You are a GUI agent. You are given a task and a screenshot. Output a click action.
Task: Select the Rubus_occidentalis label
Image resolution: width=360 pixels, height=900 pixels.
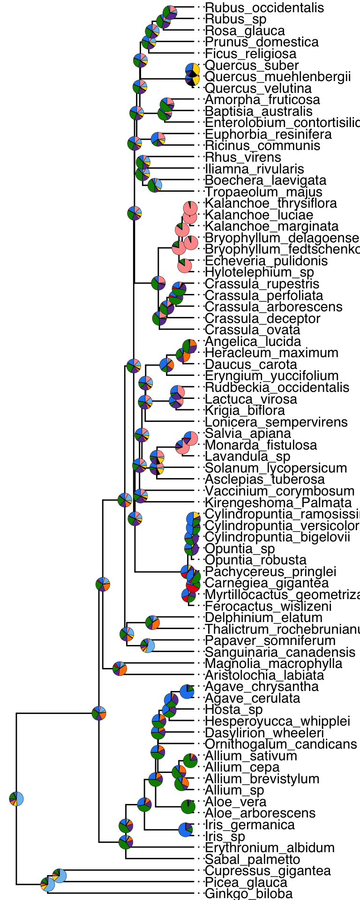pos(264,7)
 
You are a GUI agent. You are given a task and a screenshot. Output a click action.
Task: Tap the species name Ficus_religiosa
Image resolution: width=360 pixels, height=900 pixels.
pos(251,53)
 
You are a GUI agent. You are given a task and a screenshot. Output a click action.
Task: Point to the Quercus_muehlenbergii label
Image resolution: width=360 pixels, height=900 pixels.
pos(277,76)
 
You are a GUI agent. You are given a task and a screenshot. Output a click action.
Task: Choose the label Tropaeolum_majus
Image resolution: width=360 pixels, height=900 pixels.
pos(263,192)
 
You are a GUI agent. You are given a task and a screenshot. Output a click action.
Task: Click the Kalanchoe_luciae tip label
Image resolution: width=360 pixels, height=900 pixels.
pos(259,215)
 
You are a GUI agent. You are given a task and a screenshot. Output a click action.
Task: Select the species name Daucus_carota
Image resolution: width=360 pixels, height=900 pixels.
pos(251,364)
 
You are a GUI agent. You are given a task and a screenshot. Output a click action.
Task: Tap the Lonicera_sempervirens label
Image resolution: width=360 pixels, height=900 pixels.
pos(276,422)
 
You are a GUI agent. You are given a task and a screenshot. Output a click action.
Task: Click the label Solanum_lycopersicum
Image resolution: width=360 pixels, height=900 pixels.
pos(276,468)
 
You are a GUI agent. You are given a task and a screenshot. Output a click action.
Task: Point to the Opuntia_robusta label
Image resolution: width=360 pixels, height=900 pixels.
pos(255,560)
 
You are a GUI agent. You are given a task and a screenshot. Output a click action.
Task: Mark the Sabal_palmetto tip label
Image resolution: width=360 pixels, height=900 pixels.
pos(252,859)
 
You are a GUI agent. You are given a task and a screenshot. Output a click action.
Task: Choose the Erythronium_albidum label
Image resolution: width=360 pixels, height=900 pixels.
pos(270,847)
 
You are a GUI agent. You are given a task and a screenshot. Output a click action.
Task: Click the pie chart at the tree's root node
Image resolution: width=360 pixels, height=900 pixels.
pos(16,798)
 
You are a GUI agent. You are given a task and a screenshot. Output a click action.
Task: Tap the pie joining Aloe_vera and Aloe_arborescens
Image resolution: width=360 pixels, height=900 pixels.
pos(188,807)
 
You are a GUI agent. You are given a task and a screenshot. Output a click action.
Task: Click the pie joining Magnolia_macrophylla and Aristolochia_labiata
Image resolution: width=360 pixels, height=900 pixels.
pos(120,668)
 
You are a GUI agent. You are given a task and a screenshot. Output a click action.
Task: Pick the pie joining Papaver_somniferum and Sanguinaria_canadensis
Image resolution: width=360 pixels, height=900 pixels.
pos(148,645)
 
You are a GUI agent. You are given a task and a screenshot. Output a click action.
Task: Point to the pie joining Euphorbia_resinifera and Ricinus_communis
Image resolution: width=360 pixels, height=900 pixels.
pos(158,139)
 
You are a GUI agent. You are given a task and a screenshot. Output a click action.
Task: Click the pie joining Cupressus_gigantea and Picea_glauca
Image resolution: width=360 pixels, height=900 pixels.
pos(60,875)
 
